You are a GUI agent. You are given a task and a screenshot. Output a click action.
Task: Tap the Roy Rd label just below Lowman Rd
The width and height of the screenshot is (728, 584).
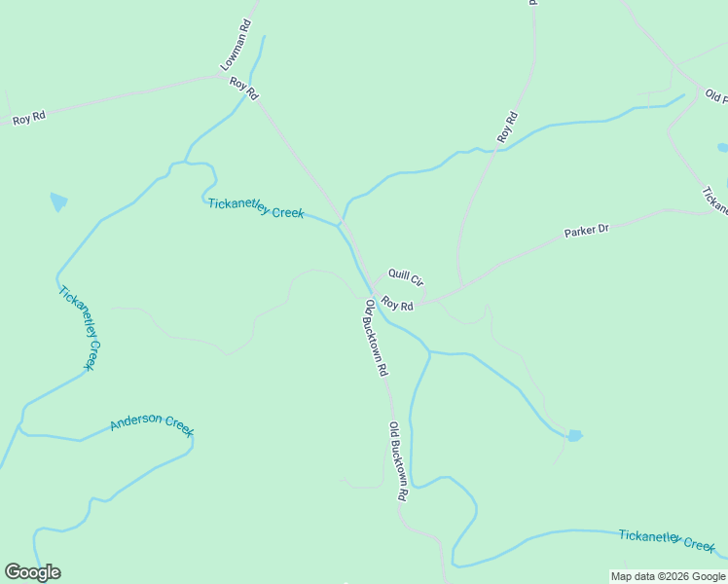tap(243, 89)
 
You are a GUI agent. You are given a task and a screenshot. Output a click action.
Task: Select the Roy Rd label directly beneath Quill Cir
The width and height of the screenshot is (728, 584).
tap(397, 305)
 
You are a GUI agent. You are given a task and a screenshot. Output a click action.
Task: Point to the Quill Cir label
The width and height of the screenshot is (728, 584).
tap(405, 278)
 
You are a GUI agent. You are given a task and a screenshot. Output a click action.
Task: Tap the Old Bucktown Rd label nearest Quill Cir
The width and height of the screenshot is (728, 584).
tap(376, 338)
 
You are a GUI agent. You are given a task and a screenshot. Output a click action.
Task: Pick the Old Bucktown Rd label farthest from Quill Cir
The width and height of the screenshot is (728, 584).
tap(397, 461)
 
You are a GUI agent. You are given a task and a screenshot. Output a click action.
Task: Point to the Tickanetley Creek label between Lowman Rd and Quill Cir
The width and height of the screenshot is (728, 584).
tap(256, 207)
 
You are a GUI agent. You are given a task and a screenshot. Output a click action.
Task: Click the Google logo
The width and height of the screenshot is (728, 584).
tap(32, 572)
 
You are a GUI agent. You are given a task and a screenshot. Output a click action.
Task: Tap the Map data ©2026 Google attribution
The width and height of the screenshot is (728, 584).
tap(668, 576)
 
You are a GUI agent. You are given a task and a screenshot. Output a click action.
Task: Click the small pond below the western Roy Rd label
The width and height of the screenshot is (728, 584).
tap(58, 201)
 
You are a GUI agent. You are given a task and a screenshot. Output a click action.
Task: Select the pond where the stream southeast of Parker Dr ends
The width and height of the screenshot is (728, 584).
tap(574, 435)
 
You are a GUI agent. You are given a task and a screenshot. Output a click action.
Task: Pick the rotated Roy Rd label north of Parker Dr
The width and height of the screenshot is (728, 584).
tap(506, 128)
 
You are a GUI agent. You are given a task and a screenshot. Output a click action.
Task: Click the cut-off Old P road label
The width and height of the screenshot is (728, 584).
tap(715, 96)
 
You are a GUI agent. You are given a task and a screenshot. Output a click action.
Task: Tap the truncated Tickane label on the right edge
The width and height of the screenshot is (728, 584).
tap(714, 200)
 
